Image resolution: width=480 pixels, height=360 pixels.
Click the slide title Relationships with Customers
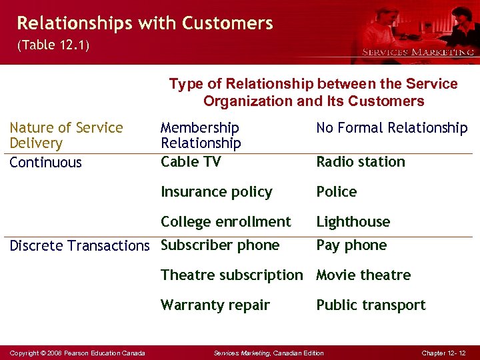145,24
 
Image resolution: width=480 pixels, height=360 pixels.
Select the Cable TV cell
191,162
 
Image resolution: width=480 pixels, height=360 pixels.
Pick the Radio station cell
360,162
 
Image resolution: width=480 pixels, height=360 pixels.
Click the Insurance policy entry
216,192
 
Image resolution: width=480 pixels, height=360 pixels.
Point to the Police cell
336,192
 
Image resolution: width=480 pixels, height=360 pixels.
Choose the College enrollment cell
225,222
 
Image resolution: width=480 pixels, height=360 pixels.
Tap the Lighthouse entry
353,222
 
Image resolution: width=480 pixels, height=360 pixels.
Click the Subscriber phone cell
220,245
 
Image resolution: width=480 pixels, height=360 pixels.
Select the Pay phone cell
351,245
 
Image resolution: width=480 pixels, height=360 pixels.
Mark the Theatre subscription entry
231,275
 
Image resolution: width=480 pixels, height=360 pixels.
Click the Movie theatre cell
363,275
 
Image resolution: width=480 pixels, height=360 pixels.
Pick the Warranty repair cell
215,305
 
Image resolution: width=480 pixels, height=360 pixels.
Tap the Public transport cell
370,305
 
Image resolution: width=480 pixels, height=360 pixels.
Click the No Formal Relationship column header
391,128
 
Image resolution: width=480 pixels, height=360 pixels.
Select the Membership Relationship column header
200,135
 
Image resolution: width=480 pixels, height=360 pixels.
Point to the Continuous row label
45,163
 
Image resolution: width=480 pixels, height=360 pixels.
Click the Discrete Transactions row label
79,246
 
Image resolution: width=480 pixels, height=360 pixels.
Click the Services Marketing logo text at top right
417,51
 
